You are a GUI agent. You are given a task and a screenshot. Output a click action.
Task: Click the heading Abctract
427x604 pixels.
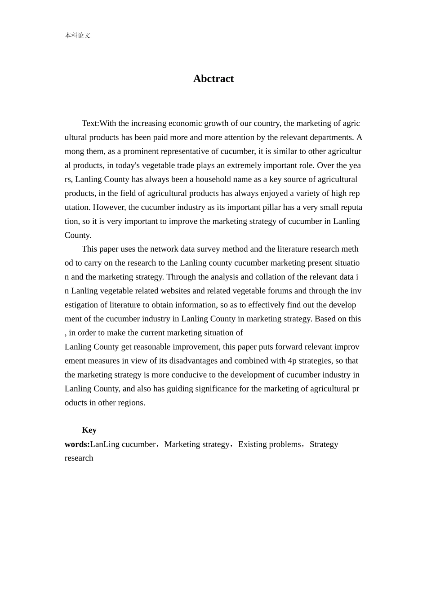(x=213, y=79)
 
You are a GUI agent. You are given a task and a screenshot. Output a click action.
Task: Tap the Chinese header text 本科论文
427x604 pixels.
(x=77, y=36)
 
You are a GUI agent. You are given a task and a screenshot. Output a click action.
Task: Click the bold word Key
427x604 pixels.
(x=89, y=430)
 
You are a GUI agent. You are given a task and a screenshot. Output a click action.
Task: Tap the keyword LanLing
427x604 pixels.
(x=105, y=444)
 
